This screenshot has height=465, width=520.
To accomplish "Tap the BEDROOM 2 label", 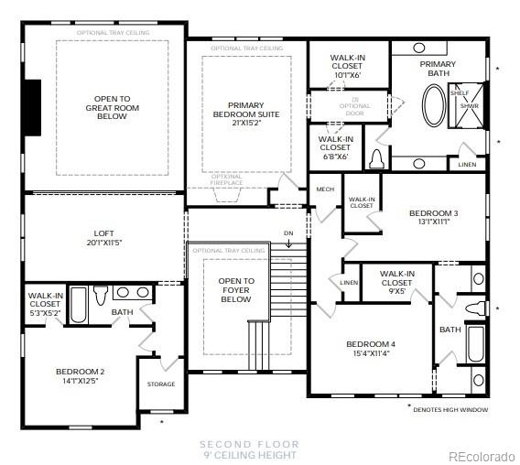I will coord(80,375).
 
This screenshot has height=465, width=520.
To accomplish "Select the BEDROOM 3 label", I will coord(433,217).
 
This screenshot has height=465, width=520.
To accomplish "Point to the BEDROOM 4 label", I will coord(370,349).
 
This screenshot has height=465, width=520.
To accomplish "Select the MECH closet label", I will coord(325,189).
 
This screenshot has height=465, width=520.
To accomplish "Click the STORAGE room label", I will coord(160,384).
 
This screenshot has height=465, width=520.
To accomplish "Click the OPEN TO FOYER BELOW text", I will coord(235,290).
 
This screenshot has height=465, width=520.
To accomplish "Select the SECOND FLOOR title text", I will coord(249,444).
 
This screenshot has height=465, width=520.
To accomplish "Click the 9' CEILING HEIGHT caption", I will coord(249,455).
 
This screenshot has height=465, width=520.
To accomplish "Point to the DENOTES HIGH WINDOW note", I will coord(450,409).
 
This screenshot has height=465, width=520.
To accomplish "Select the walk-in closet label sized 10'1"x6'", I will coord(347,67).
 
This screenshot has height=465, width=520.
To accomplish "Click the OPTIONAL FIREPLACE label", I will coord(226,180).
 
